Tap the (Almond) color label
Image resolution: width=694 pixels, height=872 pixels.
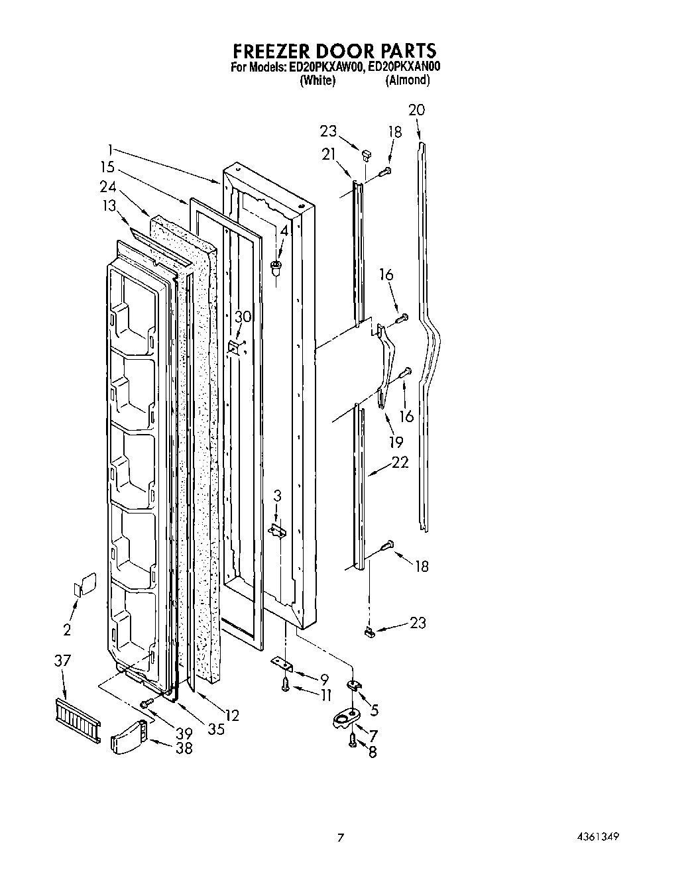(x=407, y=80)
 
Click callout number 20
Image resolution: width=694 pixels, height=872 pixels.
(x=416, y=110)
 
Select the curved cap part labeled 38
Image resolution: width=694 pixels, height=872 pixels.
(x=127, y=737)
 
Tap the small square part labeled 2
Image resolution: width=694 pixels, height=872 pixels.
(x=84, y=586)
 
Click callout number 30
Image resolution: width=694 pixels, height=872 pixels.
(x=243, y=317)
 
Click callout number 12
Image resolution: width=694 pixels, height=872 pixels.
(x=231, y=715)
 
